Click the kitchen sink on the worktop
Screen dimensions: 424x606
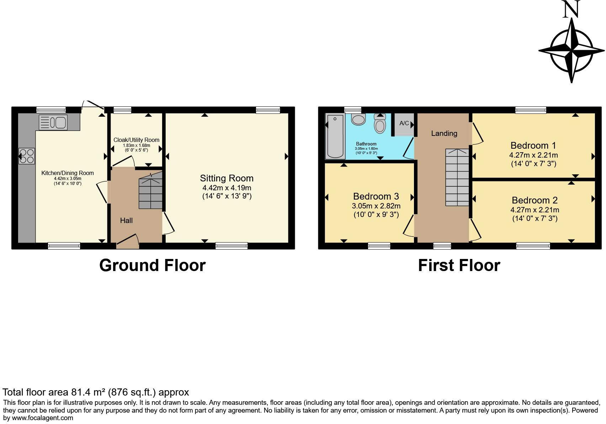pyautogui.click(x=53, y=123)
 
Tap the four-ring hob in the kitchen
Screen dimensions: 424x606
pyautogui.click(x=27, y=156)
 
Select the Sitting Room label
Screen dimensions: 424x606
pyautogui.click(x=227, y=178)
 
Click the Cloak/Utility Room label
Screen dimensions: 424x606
pyautogui.click(x=136, y=140)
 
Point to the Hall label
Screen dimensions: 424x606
pyautogui.click(x=126, y=221)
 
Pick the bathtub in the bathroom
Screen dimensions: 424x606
pyautogui.click(x=335, y=136)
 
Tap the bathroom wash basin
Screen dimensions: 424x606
pyautogui.click(x=358, y=119)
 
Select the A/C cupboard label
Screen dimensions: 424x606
pyautogui.click(x=404, y=123)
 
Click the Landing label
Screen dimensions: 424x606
pyautogui.click(x=444, y=133)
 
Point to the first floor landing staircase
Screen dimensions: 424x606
pyautogui.click(x=457, y=177)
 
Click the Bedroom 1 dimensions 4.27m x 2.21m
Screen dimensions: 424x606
pyautogui.click(x=533, y=155)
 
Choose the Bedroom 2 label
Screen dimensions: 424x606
pyautogui.click(x=535, y=200)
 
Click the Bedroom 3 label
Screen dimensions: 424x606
pyautogui.click(x=376, y=196)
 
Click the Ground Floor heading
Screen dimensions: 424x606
pyautogui.click(x=152, y=265)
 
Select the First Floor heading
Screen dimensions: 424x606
pyautogui.click(x=459, y=265)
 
